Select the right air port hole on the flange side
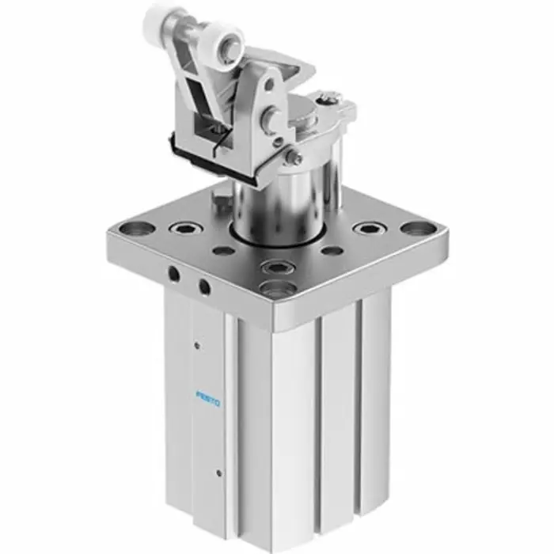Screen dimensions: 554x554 pyautogui.click(x=204, y=285)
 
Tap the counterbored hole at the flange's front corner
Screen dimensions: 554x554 pyautogui.click(x=278, y=289)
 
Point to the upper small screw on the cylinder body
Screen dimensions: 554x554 pyautogui.click(x=196, y=344)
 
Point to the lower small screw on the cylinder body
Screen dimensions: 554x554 pyautogui.click(x=218, y=474)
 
